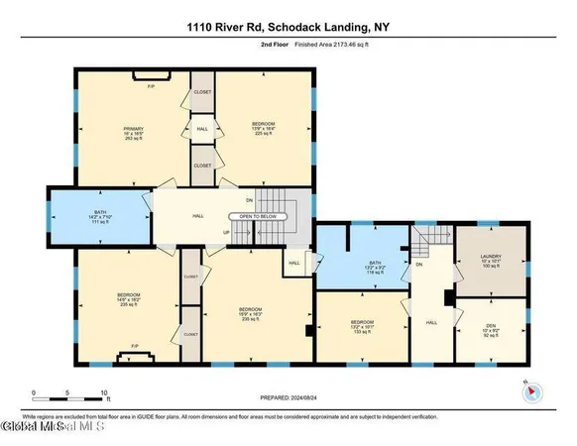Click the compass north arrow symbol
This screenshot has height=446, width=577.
[530, 392]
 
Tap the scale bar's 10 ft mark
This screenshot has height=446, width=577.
[104, 392]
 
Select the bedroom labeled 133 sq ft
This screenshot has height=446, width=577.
[362, 323]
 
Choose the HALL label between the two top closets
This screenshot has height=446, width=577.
[201, 129]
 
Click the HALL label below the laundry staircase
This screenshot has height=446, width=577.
[430, 322]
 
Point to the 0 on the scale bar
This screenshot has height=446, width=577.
[34, 392]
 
